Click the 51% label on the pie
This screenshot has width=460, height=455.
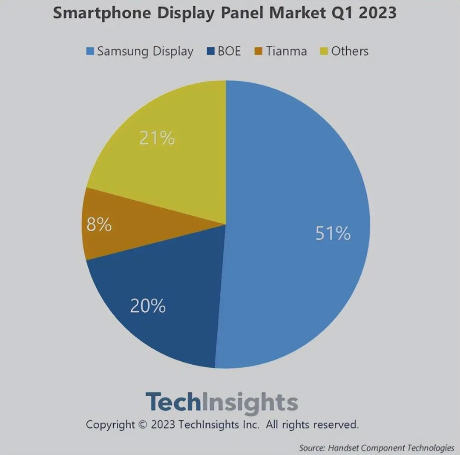(333, 233)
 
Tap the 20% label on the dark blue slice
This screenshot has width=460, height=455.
(147, 306)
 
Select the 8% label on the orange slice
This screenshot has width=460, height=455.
(99, 225)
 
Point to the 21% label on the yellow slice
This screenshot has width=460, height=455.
(157, 138)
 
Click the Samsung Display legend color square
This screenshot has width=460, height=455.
(90, 52)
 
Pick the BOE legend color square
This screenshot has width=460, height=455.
(210, 52)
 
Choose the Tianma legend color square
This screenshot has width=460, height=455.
(259, 52)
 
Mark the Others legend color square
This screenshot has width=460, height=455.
(324, 52)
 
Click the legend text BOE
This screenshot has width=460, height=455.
(229, 51)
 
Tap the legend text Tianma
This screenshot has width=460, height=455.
(287, 51)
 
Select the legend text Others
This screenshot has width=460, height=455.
(350, 51)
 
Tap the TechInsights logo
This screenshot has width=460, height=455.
(221, 402)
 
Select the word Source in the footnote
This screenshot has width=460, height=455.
(312, 448)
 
